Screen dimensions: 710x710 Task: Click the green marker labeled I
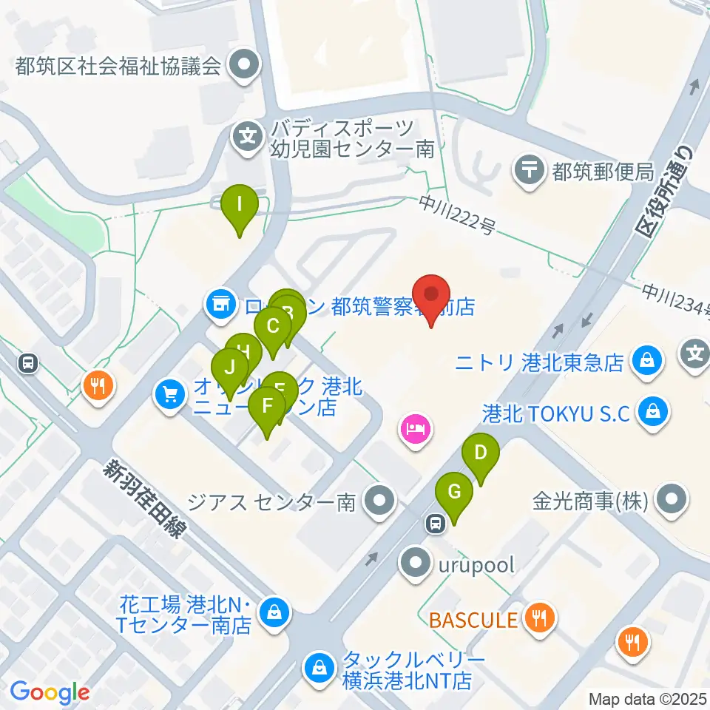(x=240, y=203)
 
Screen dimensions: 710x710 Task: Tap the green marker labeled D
(x=481, y=453)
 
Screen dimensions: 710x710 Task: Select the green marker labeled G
(x=454, y=492)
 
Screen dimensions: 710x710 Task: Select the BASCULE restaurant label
(x=474, y=618)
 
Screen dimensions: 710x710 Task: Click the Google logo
(x=50, y=692)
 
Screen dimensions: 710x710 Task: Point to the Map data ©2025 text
(x=648, y=698)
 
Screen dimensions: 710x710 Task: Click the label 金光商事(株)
(x=590, y=502)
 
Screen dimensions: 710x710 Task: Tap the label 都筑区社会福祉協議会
(x=119, y=67)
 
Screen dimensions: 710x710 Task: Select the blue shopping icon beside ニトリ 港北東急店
(x=646, y=362)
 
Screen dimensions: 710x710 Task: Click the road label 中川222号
(x=456, y=214)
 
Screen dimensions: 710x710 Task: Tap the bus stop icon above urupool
(x=436, y=524)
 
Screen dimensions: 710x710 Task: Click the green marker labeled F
(x=267, y=408)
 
